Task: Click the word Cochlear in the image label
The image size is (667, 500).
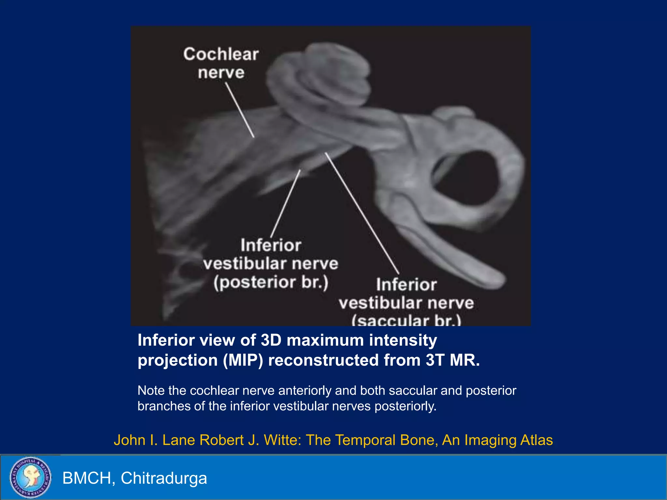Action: click(221, 54)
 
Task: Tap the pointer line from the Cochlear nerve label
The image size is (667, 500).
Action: click(240, 110)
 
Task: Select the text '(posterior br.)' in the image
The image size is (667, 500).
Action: click(271, 283)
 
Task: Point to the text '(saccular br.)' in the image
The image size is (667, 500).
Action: click(406, 321)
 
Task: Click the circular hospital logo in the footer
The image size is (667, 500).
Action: click(30, 477)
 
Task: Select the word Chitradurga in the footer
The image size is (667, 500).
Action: click(164, 478)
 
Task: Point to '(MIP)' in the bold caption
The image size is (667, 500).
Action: click(243, 360)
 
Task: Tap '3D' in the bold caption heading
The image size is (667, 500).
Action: click(271, 340)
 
